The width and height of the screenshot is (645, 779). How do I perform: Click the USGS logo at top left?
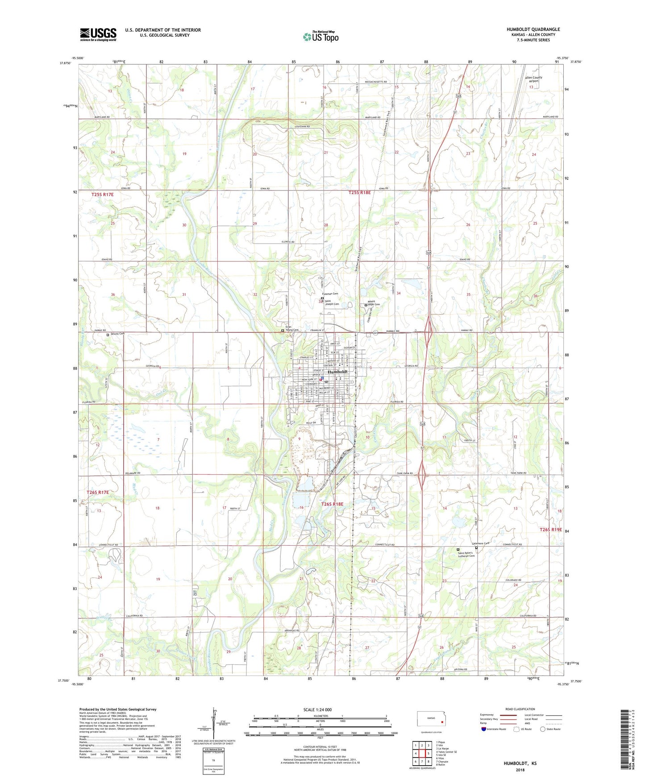(98, 34)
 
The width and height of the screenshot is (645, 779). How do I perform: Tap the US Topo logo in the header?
(320, 37)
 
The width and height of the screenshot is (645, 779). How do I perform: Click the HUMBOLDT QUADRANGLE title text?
(533, 29)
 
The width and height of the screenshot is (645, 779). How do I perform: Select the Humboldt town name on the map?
(337, 372)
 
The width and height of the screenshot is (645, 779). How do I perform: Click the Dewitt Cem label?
(117, 334)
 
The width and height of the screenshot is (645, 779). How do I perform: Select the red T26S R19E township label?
(550, 530)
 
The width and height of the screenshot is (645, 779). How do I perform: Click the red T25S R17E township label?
(103, 195)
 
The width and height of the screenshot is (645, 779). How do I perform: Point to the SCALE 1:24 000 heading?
(317, 709)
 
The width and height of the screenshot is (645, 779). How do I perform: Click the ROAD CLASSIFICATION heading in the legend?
(520, 709)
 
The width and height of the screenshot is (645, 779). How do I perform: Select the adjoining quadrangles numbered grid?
(422, 754)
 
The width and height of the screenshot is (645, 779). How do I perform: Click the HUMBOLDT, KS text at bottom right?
(520, 763)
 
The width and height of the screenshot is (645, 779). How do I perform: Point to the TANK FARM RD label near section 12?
(518, 473)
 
